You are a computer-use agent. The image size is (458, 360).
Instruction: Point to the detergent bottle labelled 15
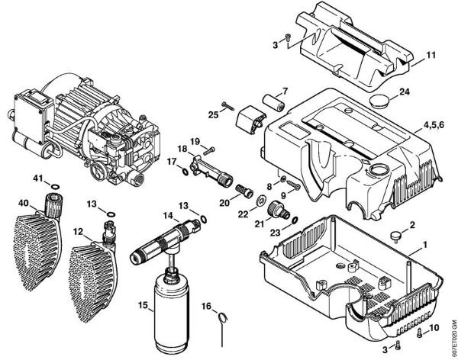click(x=169, y=306)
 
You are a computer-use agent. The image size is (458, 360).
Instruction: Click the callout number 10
click(x=433, y=329)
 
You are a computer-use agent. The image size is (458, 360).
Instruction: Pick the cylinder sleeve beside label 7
click(x=274, y=102)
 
